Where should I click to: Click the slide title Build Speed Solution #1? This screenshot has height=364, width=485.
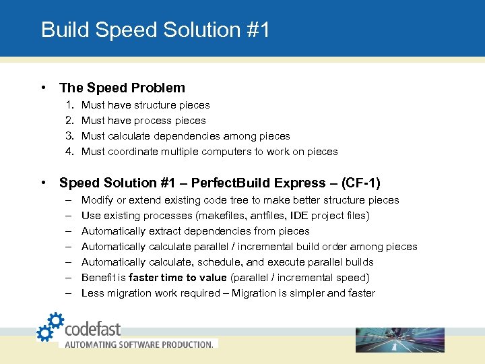pyautogui.click(x=155, y=30)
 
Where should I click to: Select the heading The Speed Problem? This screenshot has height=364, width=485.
pyautogui.click(x=122, y=88)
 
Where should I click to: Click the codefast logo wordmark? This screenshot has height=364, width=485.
pyautogui.click(x=93, y=328)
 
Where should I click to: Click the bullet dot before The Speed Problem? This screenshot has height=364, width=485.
pyautogui.click(x=43, y=88)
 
